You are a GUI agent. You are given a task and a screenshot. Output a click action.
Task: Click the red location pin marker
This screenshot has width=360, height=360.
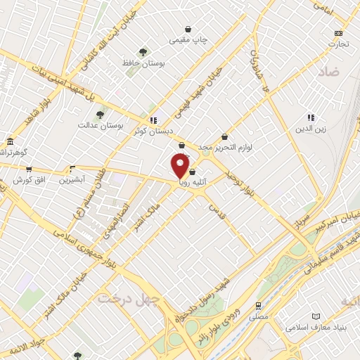[x=181, y=166]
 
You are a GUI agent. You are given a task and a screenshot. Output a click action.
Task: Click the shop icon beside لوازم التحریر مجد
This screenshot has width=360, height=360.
[x=224, y=136]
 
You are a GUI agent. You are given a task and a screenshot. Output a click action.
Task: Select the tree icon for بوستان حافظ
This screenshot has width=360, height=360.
[x=143, y=52]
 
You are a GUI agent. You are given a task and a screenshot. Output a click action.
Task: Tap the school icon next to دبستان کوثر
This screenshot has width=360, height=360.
[x=153, y=120]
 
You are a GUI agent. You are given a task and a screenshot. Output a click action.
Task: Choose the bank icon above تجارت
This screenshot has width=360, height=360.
[x=339, y=33]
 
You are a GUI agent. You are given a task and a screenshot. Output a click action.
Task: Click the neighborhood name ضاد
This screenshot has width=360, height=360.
[x=328, y=72]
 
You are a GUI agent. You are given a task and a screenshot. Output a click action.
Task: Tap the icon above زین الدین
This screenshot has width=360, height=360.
[x=310, y=117]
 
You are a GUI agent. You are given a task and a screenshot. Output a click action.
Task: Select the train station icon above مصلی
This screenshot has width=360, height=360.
[x=259, y=306]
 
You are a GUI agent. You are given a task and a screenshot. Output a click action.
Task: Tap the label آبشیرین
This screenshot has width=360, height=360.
[x=72, y=179]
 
